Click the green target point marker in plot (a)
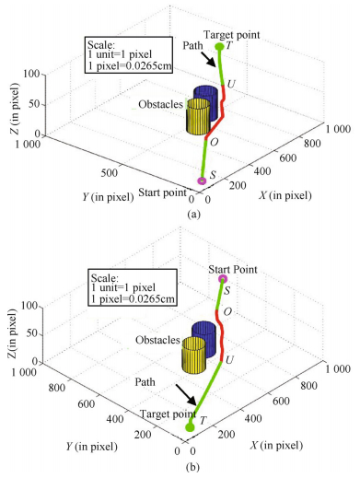218,47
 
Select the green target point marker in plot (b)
190,426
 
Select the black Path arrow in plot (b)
184,397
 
